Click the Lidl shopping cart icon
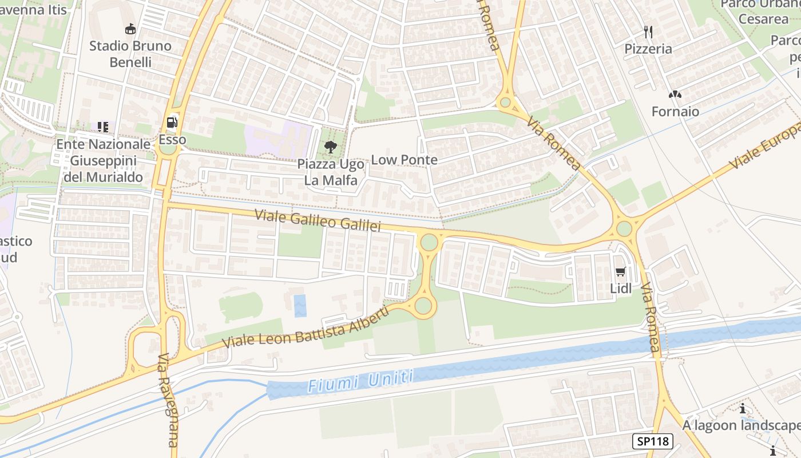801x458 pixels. click(x=621, y=271)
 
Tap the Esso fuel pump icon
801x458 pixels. click(x=172, y=122)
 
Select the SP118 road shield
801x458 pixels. click(x=652, y=441)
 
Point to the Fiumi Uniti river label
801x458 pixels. click(x=360, y=381)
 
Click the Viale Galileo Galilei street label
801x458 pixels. click(x=318, y=221)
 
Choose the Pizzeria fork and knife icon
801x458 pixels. click(x=648, y=31)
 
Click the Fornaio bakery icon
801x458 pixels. click(x=675, y=94)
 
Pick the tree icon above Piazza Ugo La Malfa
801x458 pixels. click(x=330, y=147)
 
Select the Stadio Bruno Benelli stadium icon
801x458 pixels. click(x=130, y=29)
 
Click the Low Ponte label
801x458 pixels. click(x=405, y=160)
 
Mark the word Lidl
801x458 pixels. click(x=621, y=289)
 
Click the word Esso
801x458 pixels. click(x=172, y=140)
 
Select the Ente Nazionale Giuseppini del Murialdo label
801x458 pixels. click(x=103, y=160)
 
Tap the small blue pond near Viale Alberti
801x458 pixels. click(x=300, y=306)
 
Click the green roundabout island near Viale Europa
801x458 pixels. click(x=624, y=229)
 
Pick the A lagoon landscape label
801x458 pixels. click(x=741, y=425)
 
